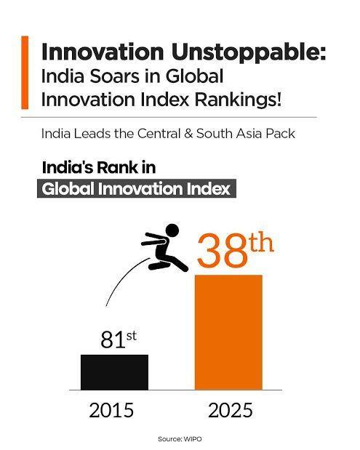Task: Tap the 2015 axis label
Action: pos(111,410)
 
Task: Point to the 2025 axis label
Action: pos(230,410)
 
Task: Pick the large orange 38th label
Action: pos(235,252)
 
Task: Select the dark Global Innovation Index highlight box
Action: pos(137,188)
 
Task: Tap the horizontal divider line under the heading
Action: pos(179,117)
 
